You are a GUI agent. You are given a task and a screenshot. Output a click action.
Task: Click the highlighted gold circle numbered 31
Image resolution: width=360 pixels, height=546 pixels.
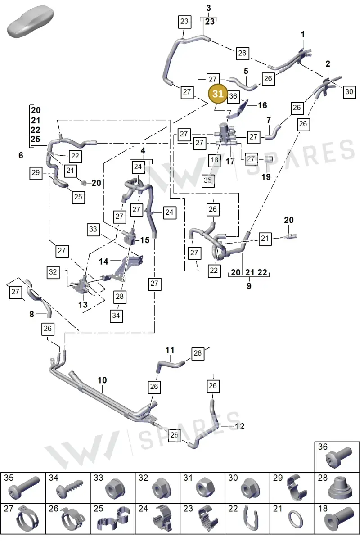pyautogui.click(x=218, y=94)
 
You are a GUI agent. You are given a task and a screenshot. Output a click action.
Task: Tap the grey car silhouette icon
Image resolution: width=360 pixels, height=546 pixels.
pyautogui.click(x=31, y=21)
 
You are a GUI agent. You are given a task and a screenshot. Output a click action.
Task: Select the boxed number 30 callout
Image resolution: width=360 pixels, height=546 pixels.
pyautogui.click(x=349, y=92)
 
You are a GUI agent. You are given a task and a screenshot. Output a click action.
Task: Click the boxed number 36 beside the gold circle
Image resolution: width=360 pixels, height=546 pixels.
pyautogui.click(x=233, y=96)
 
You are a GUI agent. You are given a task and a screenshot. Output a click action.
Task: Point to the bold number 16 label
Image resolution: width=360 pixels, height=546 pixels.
pyautogui.click(x=262, y=105)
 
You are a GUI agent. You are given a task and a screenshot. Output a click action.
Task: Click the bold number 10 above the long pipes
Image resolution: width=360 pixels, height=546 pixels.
pyautogui.click(x=102, y=380)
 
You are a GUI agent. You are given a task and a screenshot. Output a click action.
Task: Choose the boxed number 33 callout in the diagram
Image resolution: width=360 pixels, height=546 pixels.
pyautogui.click(x=93, y=229)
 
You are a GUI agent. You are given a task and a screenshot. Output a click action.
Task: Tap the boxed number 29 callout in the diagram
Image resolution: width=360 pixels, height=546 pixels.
pyautogui.click(x=36, y=173)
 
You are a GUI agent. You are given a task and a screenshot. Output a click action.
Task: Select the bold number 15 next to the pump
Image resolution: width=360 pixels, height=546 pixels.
pyautogui.click(x=144, y=240)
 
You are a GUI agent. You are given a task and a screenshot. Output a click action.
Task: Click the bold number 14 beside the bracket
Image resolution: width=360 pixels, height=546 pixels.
pyautogui.click(x=103, y=262)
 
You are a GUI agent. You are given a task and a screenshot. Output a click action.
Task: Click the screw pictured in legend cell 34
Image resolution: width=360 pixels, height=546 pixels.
pyautogui.click(x=69, y=489)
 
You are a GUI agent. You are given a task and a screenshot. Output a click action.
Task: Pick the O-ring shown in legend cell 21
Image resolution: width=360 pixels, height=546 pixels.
pyautogui.click(x=296, y=519)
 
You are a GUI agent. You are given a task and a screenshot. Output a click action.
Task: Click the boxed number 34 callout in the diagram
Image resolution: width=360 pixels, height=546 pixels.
pyautogui.click(x=116, y=316)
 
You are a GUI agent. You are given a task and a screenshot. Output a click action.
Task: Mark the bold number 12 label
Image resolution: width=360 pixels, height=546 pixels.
pyautogui.click(x=239, y=426)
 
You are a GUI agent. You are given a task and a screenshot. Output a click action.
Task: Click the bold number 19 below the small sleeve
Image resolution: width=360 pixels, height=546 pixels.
pyautogui.click(x=266, y=177)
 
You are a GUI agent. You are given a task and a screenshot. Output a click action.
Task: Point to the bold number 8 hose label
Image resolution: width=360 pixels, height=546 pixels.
pyautogui.click(x=31, y=314)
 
